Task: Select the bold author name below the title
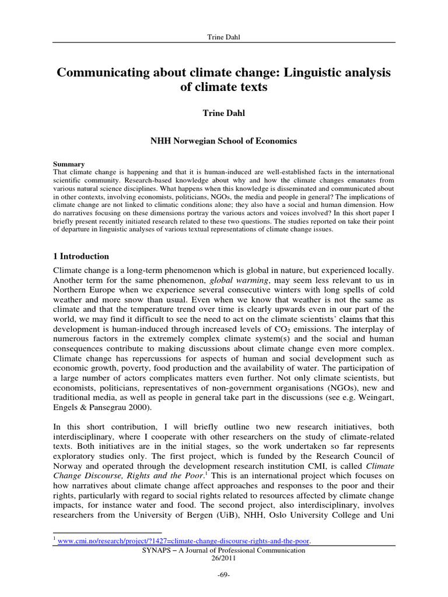click(224, 113)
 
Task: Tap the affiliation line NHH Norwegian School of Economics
click(224, 141)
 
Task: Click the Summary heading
click(68, 164)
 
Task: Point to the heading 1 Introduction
click(81, 256)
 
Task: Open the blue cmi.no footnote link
click(184, 541)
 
